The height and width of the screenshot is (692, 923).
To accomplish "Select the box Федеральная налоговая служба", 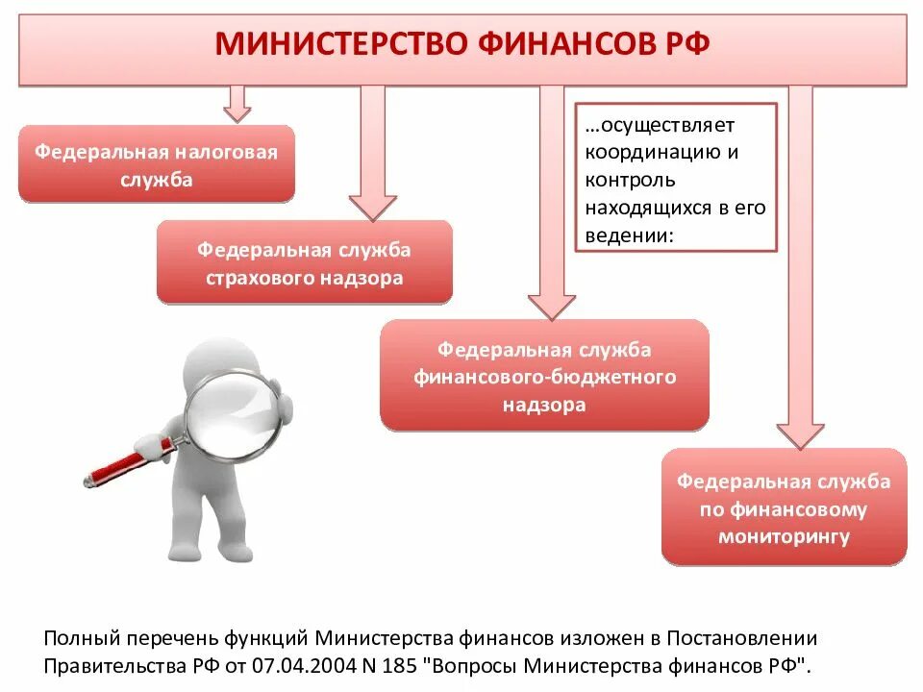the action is click(157, 164).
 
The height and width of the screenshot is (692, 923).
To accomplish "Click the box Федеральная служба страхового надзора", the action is click(304, 262).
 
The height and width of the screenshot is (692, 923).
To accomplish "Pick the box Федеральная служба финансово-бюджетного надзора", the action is click(544, 376).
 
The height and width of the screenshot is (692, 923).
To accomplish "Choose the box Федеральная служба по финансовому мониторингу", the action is click(784, 507).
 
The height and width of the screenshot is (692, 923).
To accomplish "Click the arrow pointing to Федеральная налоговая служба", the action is click(237, 103).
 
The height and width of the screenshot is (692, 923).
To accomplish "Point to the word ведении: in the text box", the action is click(627, 235).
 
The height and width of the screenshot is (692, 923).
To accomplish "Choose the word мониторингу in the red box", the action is click(784, 536).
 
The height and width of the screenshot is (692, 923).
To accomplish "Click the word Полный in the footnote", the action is click(80, 637).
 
